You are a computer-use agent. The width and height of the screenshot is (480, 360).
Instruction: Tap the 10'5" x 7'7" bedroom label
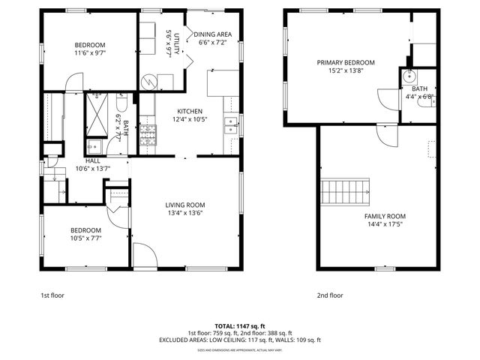(x=85, y=234)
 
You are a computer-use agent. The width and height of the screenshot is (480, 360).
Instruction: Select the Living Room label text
(x=184, y=209)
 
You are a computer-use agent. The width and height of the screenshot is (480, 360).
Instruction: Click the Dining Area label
(x=212, y=39)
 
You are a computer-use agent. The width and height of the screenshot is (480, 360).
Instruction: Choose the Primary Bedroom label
(x=345, y=67)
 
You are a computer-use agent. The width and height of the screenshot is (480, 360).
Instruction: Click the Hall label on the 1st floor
(x=93, y=164)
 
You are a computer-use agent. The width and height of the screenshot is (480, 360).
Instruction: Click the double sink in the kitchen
(x=232, y=125)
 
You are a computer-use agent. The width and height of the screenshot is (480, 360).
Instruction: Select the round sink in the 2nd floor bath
(x=409, y=76)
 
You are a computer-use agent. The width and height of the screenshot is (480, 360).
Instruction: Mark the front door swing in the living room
(x=144, y=255)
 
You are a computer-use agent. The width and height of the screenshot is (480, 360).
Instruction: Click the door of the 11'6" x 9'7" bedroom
(x=73, y=82)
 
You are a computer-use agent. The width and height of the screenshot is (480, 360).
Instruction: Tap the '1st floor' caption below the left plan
(x=52, y=295)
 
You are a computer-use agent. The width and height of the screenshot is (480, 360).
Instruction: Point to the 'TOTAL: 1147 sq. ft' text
(x=239, y=326)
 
